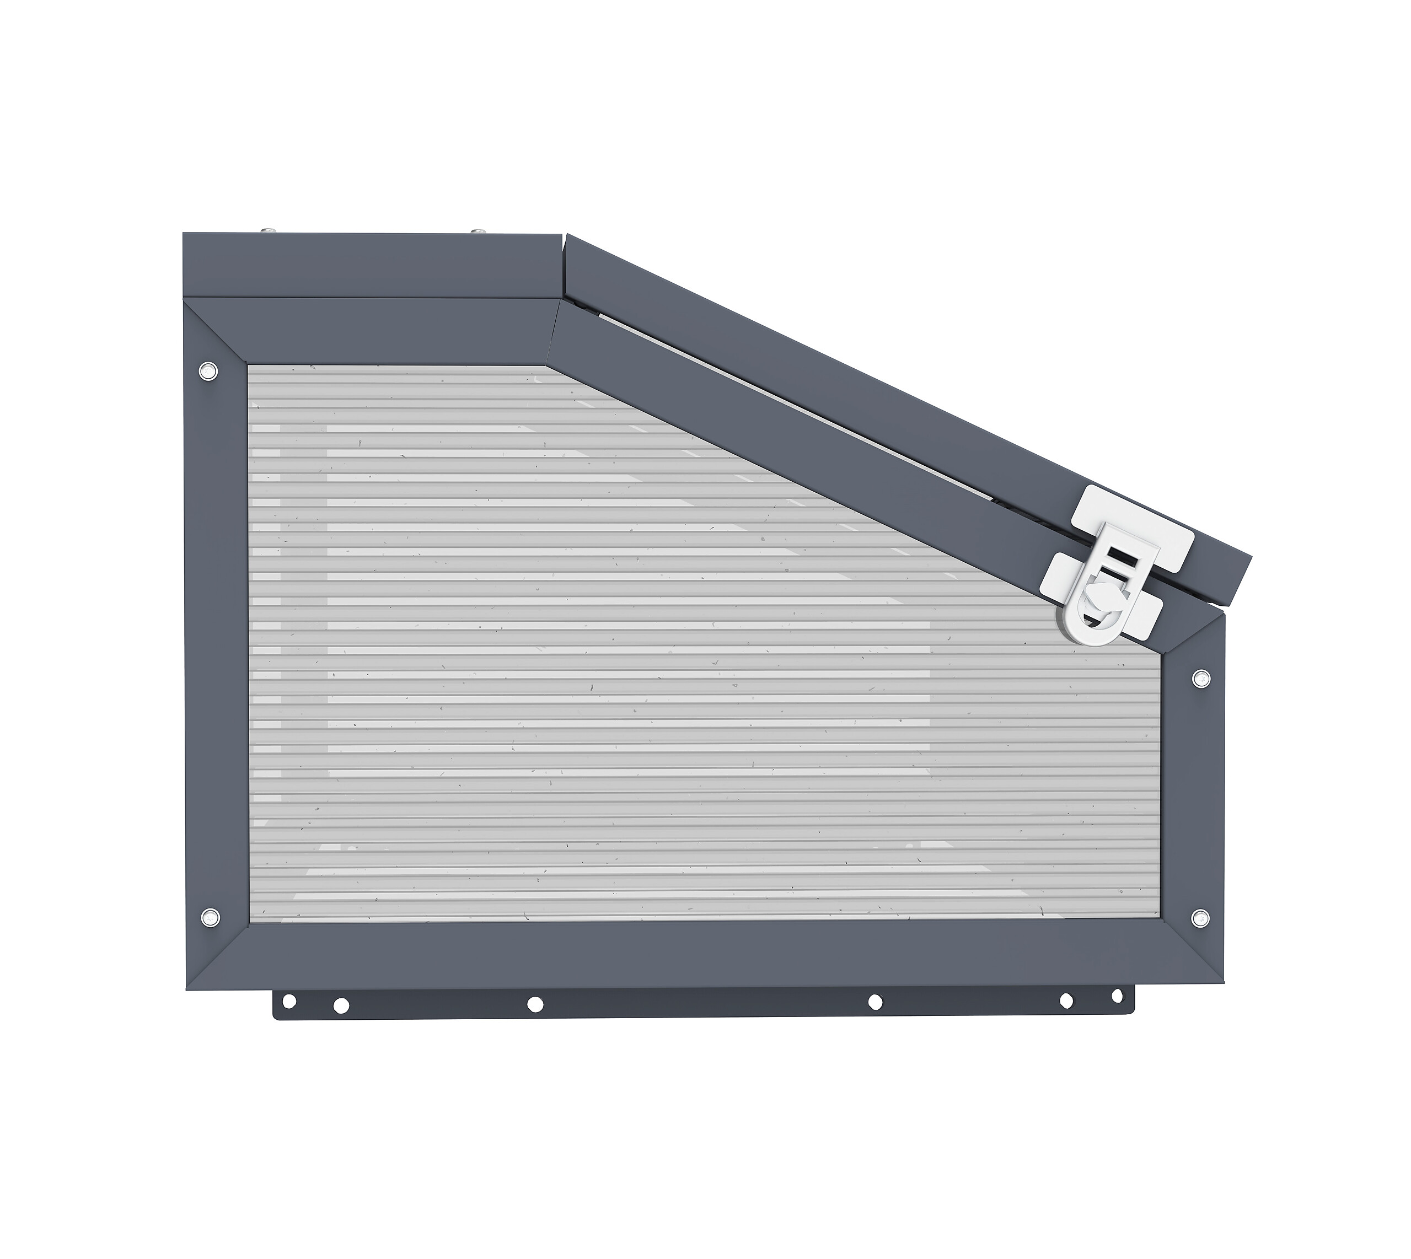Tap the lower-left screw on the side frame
[x=208, y=918]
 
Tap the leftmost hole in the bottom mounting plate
[x=289, y=1001]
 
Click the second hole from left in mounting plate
[x=341, y=1005]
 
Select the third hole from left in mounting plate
[x=535, y=1004]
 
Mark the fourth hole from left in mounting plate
[x=875, y=1002]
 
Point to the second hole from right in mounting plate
[x=1066, y=1000]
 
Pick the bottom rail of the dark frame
[x=692, y=958]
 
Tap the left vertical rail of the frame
[x=215, y=643]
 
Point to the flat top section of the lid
[x=374, y=266]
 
